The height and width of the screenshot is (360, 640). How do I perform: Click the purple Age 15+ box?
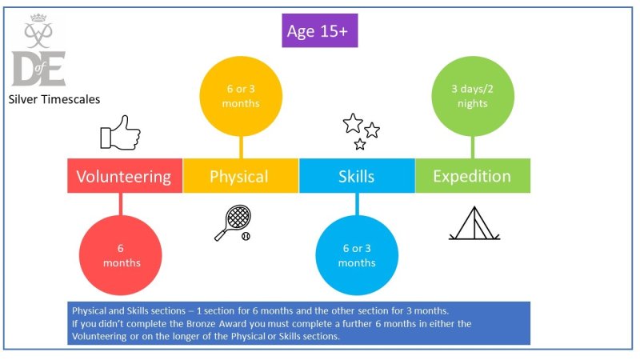click(319, 30)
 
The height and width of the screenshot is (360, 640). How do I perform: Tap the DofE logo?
click(38, 50)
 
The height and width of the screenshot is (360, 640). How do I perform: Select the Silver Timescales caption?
click(54, 99)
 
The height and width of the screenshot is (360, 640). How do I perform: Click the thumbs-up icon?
click(121, 133)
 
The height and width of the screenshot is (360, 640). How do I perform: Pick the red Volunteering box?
click(125, 175)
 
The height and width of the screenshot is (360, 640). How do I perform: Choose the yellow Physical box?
click(241, 175)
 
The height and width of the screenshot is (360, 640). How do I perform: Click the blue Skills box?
click(357, 175)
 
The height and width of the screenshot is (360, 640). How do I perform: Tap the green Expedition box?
click(473, 175)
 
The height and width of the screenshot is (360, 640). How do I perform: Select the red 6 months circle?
click(121, 255)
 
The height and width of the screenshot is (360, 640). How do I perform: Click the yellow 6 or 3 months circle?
click(241, 96)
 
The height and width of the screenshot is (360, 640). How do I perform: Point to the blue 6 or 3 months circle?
click(357, 255)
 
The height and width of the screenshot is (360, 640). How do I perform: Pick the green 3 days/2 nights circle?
click(473, 96)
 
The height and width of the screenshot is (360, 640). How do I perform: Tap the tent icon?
click(474, 223)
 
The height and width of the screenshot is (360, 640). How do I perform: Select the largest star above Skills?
click(353, 123)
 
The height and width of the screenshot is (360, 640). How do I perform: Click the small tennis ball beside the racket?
click(246, 236)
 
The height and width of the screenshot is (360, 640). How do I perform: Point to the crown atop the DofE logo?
click(38, 18)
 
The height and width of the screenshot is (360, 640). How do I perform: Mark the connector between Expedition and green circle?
click(473, 147)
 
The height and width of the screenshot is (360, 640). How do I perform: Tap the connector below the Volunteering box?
click(121, 204)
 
